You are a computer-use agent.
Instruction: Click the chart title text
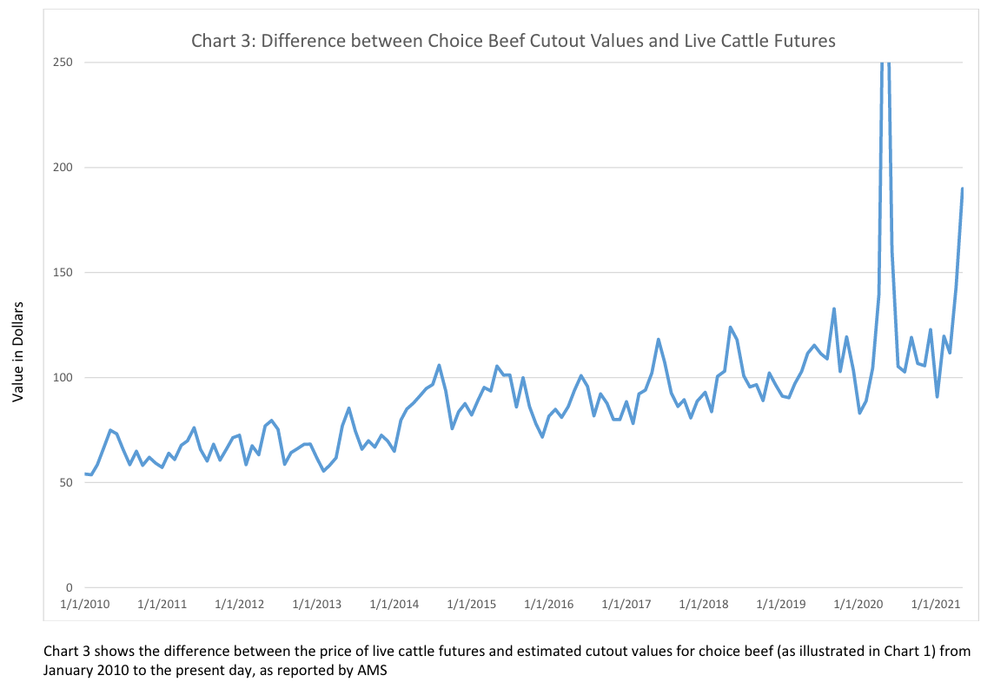pyautogui.click(x=513, y=41)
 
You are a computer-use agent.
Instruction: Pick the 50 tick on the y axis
pyautogui.click(x=66, y=483)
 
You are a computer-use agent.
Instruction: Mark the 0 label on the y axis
pyautogui.click(x=70, y=588)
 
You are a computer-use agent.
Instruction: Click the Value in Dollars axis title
pyautogui.click(x=17, y=352)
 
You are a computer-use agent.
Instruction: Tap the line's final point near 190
pyautogui.click(x=963, y=189)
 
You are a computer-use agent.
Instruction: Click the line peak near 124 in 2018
pyautogui.click(x=731, y=328)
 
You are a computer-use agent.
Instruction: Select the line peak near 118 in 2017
pyautogui.click(x=659, y=340)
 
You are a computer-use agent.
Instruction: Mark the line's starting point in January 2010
pyautogui.click(x=85, y=473)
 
